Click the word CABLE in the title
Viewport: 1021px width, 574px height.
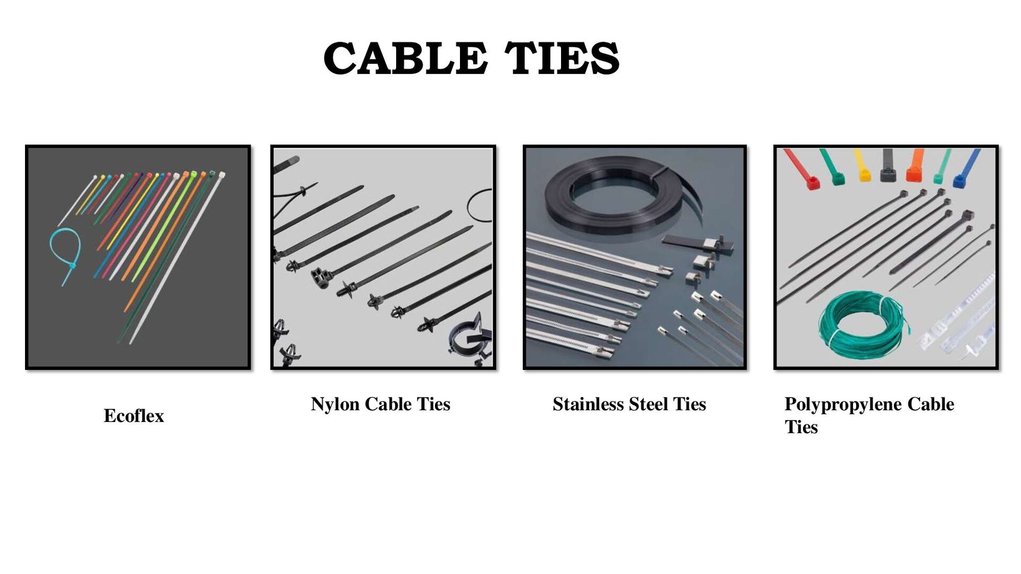coord(405,58)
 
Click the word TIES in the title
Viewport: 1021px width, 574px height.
coord(562,58)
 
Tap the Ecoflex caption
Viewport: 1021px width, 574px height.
coord(133,416)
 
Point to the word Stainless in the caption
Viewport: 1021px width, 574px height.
coord(588,404)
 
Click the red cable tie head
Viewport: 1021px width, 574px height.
coord(812,183)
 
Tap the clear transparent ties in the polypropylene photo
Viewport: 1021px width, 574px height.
coord(957,319)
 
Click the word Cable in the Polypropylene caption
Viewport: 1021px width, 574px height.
coord(931,404)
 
